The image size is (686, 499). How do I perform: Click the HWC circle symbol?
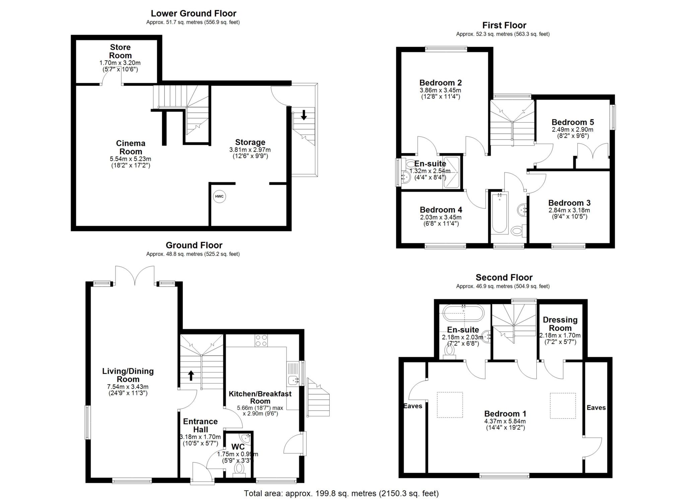219,196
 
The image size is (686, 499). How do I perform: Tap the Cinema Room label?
131,147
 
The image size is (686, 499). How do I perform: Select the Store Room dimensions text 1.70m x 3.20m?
120,63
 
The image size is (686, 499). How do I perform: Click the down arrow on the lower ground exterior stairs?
304,115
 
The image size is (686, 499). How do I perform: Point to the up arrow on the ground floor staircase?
191,375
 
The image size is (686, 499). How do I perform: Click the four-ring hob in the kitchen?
261,341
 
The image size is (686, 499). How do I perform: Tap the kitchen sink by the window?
294,380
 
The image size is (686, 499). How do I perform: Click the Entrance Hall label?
200,425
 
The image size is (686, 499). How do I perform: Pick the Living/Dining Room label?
128,375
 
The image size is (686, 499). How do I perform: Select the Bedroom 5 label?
573,122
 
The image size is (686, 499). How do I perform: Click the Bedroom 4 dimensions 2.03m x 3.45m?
441,217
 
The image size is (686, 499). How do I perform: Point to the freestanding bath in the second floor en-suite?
464,313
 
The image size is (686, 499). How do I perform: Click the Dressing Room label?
560,324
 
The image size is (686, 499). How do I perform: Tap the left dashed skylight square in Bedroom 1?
450,405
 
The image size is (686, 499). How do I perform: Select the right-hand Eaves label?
596,408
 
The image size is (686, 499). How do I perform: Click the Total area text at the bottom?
341,493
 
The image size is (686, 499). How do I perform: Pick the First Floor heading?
504,25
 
